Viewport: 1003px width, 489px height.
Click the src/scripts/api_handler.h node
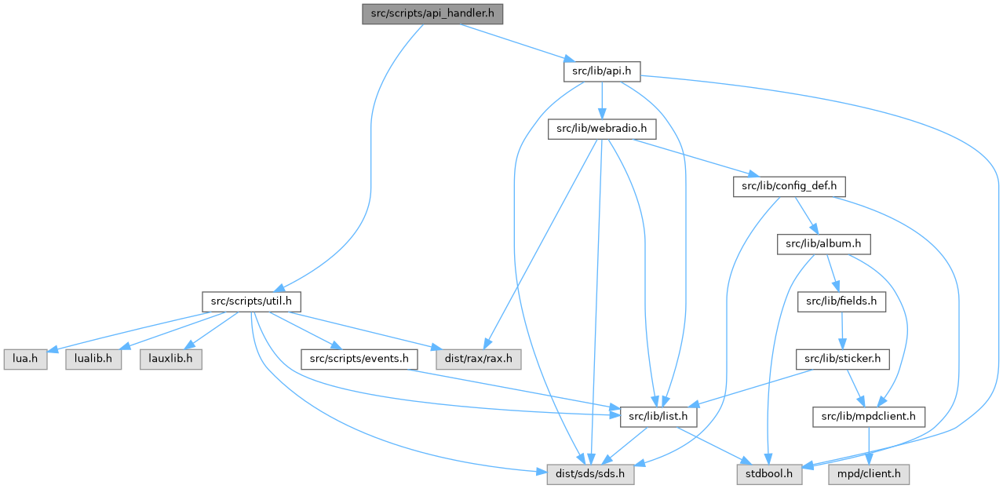tap(432, 14)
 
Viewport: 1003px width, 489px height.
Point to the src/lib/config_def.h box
tap(789, 187)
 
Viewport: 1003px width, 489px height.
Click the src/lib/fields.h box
tap(841, 301)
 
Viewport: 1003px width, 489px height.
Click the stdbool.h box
tap(770, 474)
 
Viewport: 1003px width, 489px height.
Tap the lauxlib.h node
tap(171, 359)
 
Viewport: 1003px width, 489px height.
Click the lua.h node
tap(25, 359)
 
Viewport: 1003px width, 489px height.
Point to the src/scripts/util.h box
tap(250, 301)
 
